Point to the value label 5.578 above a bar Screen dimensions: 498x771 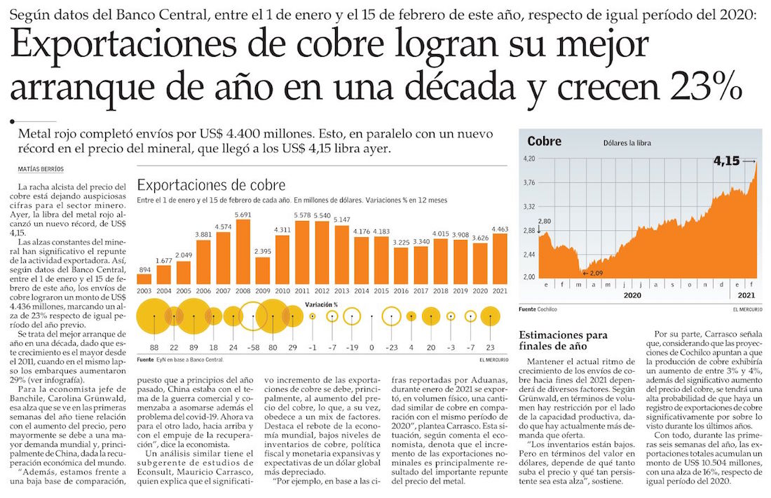click(302, 215)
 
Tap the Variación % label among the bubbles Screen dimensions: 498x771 click(322, 304)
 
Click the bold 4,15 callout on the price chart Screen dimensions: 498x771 click(726, 161)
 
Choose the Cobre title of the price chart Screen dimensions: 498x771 click(545, 142)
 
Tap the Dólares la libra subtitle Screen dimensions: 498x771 click(627, 143)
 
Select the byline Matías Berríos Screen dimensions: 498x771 click(41, 169)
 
